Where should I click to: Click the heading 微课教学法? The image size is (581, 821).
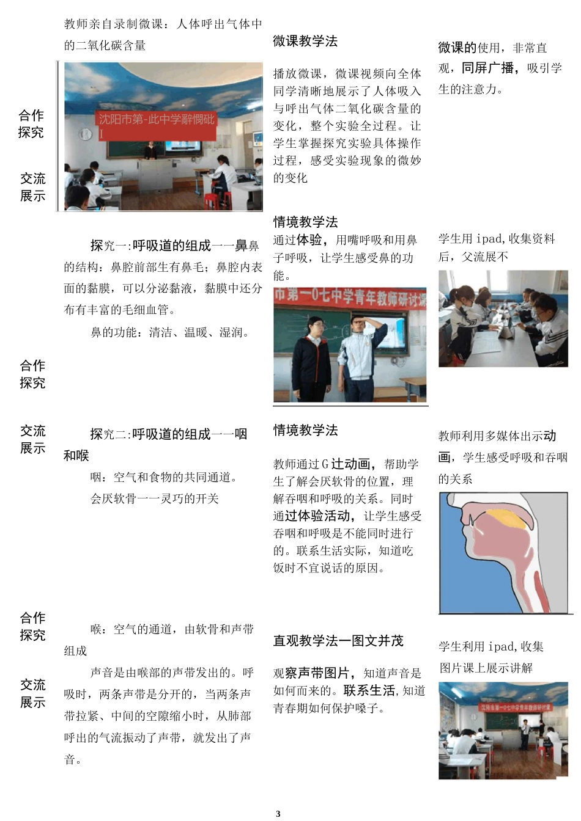coord(305,42)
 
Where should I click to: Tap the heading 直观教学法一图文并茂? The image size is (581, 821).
coord(338,641)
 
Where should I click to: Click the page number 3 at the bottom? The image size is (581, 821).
coord(278,813)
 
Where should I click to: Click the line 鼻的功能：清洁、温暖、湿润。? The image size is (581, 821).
coord(171,333)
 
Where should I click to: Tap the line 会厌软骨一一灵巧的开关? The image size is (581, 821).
coord(155,498)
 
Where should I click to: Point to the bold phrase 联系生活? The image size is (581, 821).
coord(369,691)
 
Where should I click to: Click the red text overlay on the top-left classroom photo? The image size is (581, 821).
coord(157,124)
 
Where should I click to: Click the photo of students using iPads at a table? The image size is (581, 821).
coord(503,319)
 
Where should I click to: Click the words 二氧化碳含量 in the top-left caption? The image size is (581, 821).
coord(111,45)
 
